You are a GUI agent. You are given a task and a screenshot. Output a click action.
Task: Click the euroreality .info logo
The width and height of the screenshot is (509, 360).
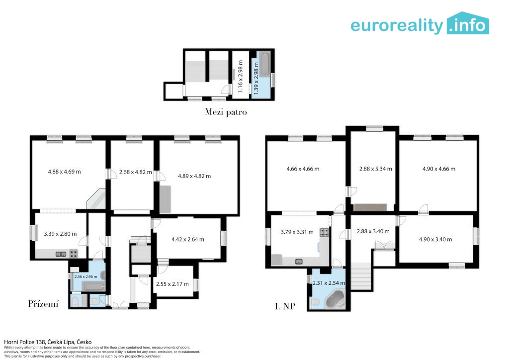click(x=420, y=23)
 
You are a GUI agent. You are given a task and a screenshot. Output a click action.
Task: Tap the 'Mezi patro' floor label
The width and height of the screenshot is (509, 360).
click(x=226, y=112)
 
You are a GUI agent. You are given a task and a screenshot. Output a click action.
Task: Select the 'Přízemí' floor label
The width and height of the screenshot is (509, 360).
click(x=43, y=304)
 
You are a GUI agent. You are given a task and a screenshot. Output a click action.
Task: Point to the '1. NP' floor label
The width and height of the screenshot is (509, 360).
click(x=285, y=306)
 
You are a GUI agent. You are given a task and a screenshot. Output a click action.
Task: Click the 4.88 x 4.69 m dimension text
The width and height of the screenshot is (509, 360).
click(x=64, y=172)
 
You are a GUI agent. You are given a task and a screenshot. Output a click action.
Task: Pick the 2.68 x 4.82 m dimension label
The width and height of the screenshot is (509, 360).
click(x=135, y=172)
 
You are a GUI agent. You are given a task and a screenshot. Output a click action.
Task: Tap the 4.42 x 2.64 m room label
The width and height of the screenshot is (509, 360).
click(x=187, y=240)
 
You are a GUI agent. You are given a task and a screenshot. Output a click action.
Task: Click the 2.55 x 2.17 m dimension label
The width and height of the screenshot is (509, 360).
click(x=172, y=284)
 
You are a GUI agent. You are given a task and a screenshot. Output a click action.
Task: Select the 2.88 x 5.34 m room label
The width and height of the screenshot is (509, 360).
click(x=376, y=169)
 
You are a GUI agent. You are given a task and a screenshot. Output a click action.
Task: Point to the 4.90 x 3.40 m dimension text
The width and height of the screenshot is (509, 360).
click(x=435, y=240)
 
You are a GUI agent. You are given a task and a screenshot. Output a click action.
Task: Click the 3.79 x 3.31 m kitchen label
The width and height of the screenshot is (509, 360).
click(x=297, y=232)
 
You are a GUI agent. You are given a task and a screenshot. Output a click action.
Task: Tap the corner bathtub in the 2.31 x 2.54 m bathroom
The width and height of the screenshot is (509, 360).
click(x=335, y=299)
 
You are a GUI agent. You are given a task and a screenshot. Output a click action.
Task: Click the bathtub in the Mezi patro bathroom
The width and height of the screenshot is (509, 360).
click(x=265, y=64)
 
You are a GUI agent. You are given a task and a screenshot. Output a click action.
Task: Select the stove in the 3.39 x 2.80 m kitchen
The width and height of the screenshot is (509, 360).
click(x=74, y=254)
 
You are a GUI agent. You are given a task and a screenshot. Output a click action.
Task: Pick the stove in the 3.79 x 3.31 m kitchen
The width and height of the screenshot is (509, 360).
click(x=324, y=232)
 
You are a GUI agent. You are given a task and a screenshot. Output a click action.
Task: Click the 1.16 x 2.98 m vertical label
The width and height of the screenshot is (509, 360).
click(x=240, y=76)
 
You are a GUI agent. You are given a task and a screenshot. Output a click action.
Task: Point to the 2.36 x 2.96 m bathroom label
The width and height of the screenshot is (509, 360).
click(x=85, y=276)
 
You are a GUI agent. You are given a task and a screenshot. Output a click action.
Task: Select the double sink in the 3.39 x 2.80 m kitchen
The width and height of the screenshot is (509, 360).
click(x=61, y=254)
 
